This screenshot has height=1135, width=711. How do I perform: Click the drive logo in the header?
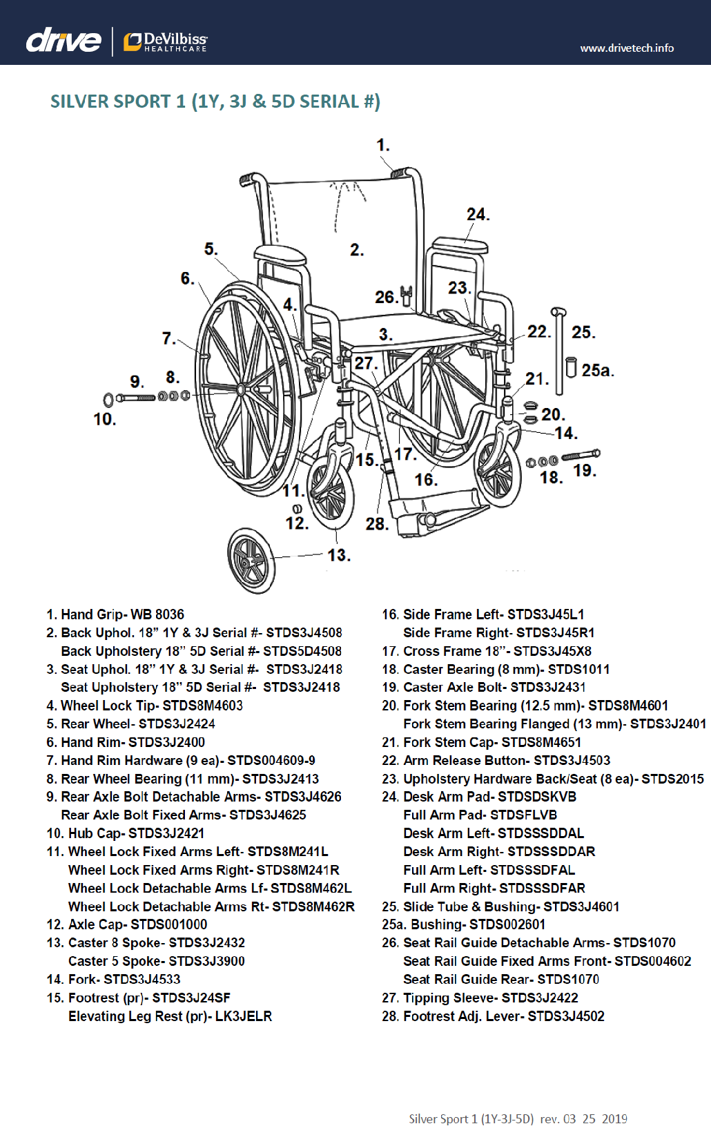pyautogui.click(x=64, y=41)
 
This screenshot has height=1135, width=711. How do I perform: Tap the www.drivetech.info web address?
pyautogui.click(x=626, y=48)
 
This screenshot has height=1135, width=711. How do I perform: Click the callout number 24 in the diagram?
pyautogui.click(x=477, y=215)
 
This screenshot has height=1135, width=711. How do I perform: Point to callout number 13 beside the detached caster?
pyautogui.click(x=338, y=555)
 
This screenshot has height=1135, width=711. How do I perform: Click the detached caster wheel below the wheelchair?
pyautogui.click(x=251, y=560)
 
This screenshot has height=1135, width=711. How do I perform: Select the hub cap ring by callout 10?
pyautogui.click(x=108, y=400)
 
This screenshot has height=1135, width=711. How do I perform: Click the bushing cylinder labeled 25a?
pyautogui.click(x=571, y=367)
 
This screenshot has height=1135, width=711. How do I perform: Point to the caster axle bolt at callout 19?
pyautogui.click(x=581, y=455)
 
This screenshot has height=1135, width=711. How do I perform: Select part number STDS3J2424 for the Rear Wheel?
pyautogui.click(x=177, y=724)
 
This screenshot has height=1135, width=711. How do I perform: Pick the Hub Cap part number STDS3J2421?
pyautogui.click(x=166, y=833)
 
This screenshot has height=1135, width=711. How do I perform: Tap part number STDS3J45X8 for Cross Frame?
pyautogui.click(x=552, y=651)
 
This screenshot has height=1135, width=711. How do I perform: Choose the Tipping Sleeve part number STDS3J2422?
pyautogui.click(x=540, y=998)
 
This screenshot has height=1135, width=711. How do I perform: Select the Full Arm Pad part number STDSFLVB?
pyautogui.click(x=523, y=815)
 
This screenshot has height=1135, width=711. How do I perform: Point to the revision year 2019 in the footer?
pyautogui.click(x=614, y=1119)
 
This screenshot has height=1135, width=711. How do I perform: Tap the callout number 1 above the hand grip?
pyautogui.click(x=382, y=146)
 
